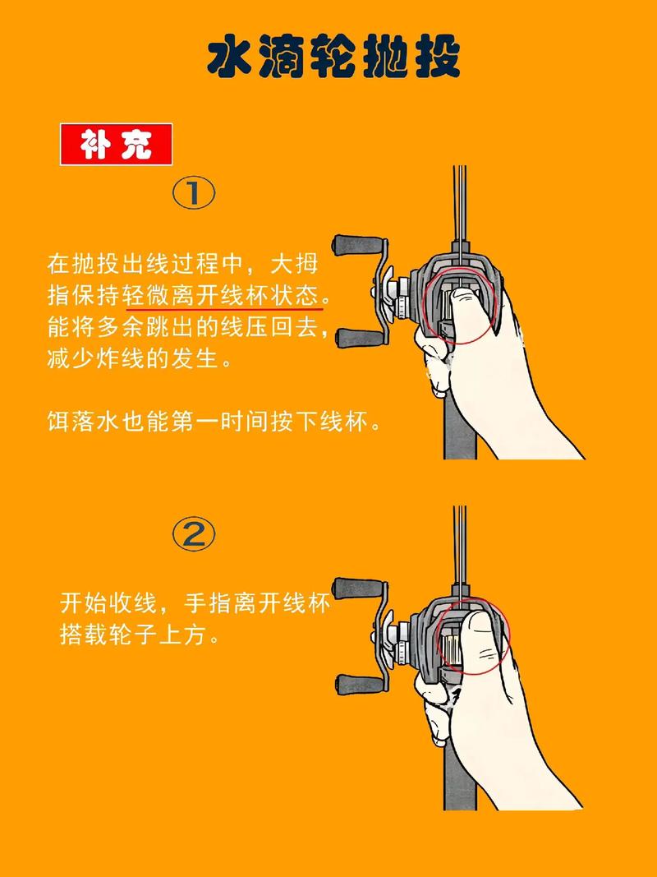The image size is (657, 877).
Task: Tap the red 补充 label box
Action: click(116, 145)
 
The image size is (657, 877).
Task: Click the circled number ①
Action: click(194, 194)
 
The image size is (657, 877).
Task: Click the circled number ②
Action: click(194, 534)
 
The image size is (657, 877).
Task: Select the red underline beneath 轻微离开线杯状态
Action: click(223, 309)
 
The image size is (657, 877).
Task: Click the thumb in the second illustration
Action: click(480, 641)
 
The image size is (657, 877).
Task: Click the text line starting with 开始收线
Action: click(195, 603)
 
